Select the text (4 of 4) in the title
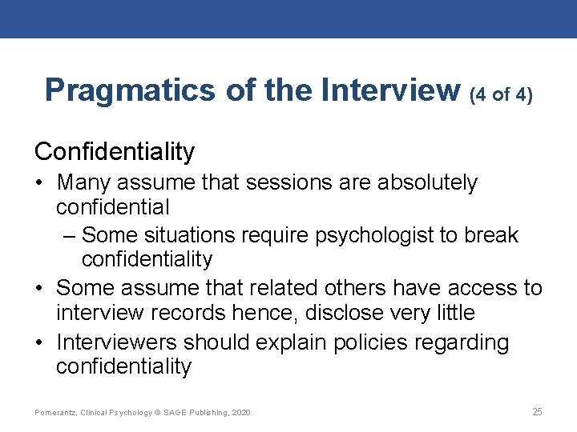pyautogui.click(x=500, y=94)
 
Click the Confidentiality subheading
pyautogui.click(x=115, y=151)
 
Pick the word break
pyautogui.click(x=490, y=235)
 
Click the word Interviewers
pyautogui.click(x=117, y=342)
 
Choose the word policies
pyautogui.click(x=369, y=342)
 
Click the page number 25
pyautogui.click(x=537, y=412)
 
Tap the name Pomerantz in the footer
pyautogui.click(x=55, y=413)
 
